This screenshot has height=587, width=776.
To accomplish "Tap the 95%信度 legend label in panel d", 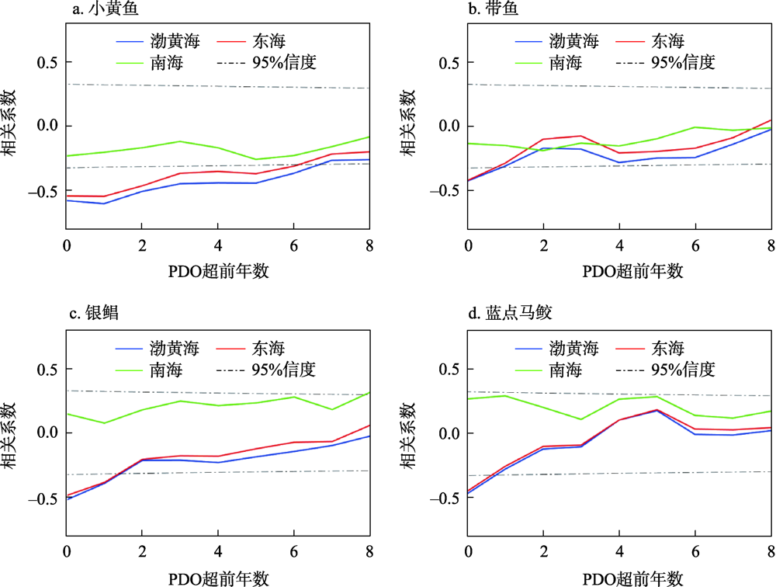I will pyautogui.click(x=683, y=369).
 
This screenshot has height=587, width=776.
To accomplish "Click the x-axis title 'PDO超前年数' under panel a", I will pyautogui.click(x=218, y=270).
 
